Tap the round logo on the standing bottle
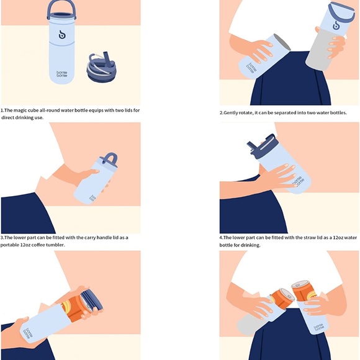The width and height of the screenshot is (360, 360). click(x=62, y=35)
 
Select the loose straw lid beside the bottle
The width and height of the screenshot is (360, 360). click(x=101, y=67)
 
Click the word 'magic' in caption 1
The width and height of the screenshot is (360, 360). click(x=20, y=110)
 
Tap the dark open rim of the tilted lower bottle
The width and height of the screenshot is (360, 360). click(x=282, y=42)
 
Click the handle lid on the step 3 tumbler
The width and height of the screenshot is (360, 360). click(x=109, y=159)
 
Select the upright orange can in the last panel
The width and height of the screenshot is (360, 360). click(x=304, y=290)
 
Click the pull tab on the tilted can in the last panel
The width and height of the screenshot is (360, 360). click(x=290, y=296)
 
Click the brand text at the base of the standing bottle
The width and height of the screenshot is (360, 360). click(x=62, y=74)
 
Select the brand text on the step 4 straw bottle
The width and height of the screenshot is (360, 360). click(x=298, y=181)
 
